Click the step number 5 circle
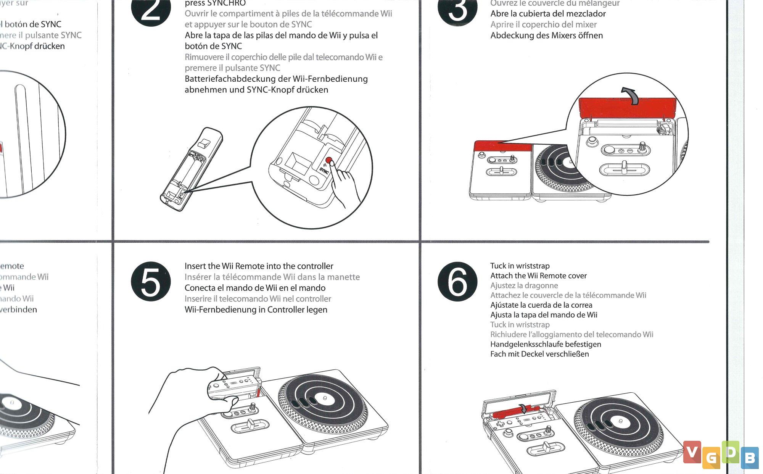[151, 282]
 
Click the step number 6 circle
[457, 282]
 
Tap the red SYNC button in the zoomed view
[328, 161]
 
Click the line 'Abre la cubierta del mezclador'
[548, 14]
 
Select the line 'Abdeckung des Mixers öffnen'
[546, 35]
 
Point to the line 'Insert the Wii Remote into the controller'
[259, 266]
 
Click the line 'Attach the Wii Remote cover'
[538, 276]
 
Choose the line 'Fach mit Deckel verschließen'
[539, 354]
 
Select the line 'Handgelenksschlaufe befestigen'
[546, 344]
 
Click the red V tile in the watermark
[692, 452]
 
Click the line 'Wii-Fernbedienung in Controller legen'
[256, 310]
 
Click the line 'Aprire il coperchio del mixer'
[543, 24]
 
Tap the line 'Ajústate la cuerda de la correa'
[541, 305]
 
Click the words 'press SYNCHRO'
[215, 3]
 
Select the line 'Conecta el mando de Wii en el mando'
[255, 288]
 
